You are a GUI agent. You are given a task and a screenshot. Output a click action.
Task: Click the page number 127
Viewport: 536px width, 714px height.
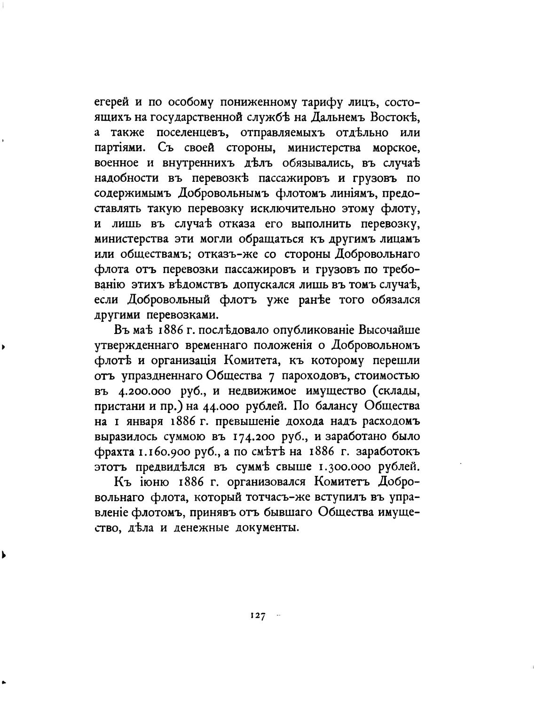(x=258, y=615)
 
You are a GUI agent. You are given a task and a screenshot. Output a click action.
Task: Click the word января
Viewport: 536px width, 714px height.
(x=139, y=421)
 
